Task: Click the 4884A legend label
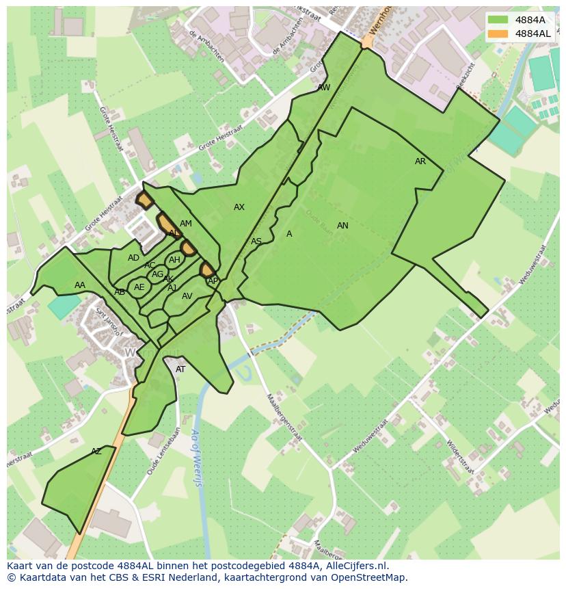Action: pos(530,20)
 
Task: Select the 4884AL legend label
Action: pos(533,34)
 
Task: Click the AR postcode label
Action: pos(420,161)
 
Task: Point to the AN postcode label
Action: pos(342,226)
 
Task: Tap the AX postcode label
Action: pos(239,207)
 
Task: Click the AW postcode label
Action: pos(324,88)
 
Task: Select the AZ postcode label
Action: pos(96,451)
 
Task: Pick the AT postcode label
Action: pos(180,369)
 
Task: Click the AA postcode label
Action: pos(80,285)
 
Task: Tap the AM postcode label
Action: pos(186,224)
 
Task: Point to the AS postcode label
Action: pos(256,241)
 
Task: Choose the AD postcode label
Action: pos(133,258)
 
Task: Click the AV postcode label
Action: pos(187,296)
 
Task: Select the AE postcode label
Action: pos(139,287)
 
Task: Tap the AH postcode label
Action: pos(174,260)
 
